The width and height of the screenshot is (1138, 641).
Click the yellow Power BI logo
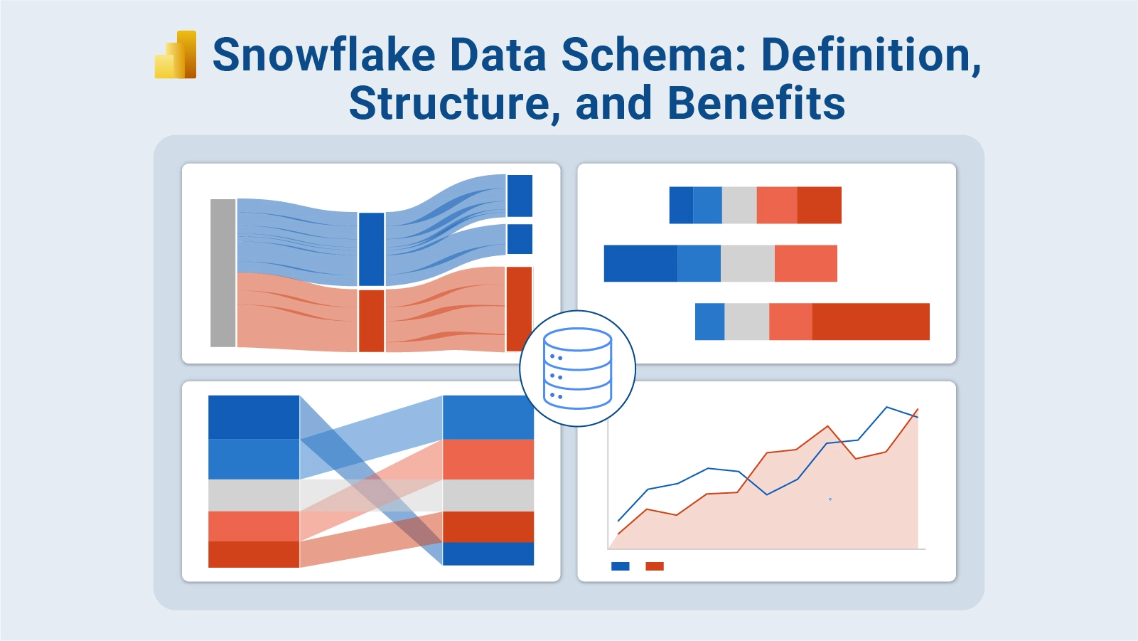point(176,55)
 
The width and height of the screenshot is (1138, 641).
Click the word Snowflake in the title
point(324,55)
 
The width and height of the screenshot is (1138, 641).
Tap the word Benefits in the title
point(756,103)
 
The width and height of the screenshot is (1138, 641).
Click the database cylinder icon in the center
point(577,369)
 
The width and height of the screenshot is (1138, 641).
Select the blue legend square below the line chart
point(620,566)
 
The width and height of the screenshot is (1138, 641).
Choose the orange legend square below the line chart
point(654,566)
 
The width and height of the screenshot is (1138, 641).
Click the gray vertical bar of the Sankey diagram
point(222,273)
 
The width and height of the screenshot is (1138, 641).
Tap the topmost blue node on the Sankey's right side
point(520,196)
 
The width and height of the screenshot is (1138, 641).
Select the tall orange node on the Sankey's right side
point(519,309)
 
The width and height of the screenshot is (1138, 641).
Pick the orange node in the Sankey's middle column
point(371,320)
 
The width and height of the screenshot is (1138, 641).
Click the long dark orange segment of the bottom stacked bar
point(871,322)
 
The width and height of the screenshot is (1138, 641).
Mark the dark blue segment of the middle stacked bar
point(640,263)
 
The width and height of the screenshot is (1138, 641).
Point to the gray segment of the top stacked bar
point(739,205)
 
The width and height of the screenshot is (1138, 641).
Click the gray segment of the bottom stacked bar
point(746,322)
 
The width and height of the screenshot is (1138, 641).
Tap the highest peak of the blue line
point(887,408)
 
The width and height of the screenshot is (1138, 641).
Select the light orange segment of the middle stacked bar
point(805,263)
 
